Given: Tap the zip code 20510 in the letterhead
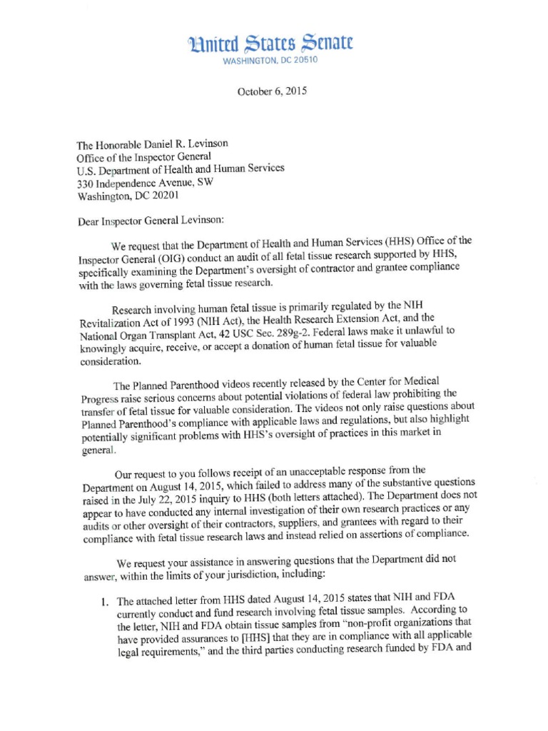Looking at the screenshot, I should point(306,61).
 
